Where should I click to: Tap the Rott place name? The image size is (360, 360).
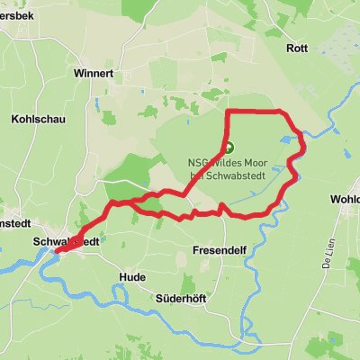[x=296, y=48]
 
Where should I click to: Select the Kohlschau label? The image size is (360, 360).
[x=34, y=119]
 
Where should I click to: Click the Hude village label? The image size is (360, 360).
[x=131, y=277]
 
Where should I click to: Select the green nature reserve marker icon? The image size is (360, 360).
[x=228, y=148]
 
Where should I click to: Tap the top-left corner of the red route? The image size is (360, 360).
[x=227, y=112]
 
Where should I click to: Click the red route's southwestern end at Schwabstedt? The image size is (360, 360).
[x=56, y=252]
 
